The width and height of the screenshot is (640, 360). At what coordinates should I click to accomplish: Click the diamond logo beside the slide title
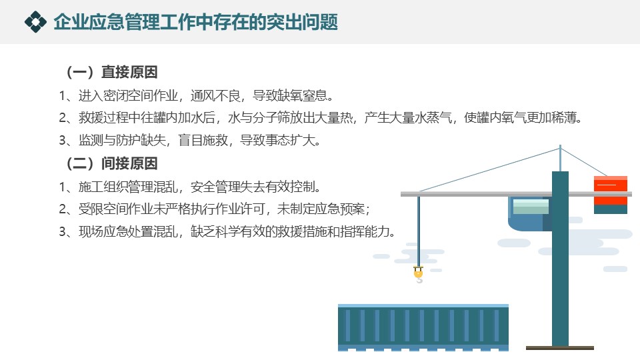35,21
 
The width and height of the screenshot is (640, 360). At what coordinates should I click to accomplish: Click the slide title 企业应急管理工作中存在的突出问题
196,22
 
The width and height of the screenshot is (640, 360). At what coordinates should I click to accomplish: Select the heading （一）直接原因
111,72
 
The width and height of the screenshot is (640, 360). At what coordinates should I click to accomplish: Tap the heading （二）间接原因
111,164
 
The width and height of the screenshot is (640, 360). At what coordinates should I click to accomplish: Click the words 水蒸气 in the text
433,118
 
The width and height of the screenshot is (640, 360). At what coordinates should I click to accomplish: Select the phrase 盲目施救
203,141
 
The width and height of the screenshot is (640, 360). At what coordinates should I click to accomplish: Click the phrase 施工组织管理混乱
128,187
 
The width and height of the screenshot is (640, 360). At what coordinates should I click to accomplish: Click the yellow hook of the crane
419,273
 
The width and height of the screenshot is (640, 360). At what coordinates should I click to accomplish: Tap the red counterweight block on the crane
610,191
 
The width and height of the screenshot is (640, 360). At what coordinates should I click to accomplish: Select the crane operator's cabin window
531,206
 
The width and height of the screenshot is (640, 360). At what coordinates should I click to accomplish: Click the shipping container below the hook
423,327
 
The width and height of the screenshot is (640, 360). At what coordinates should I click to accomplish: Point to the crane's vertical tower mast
560,259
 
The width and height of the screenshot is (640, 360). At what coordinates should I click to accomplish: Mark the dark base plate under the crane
559,348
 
